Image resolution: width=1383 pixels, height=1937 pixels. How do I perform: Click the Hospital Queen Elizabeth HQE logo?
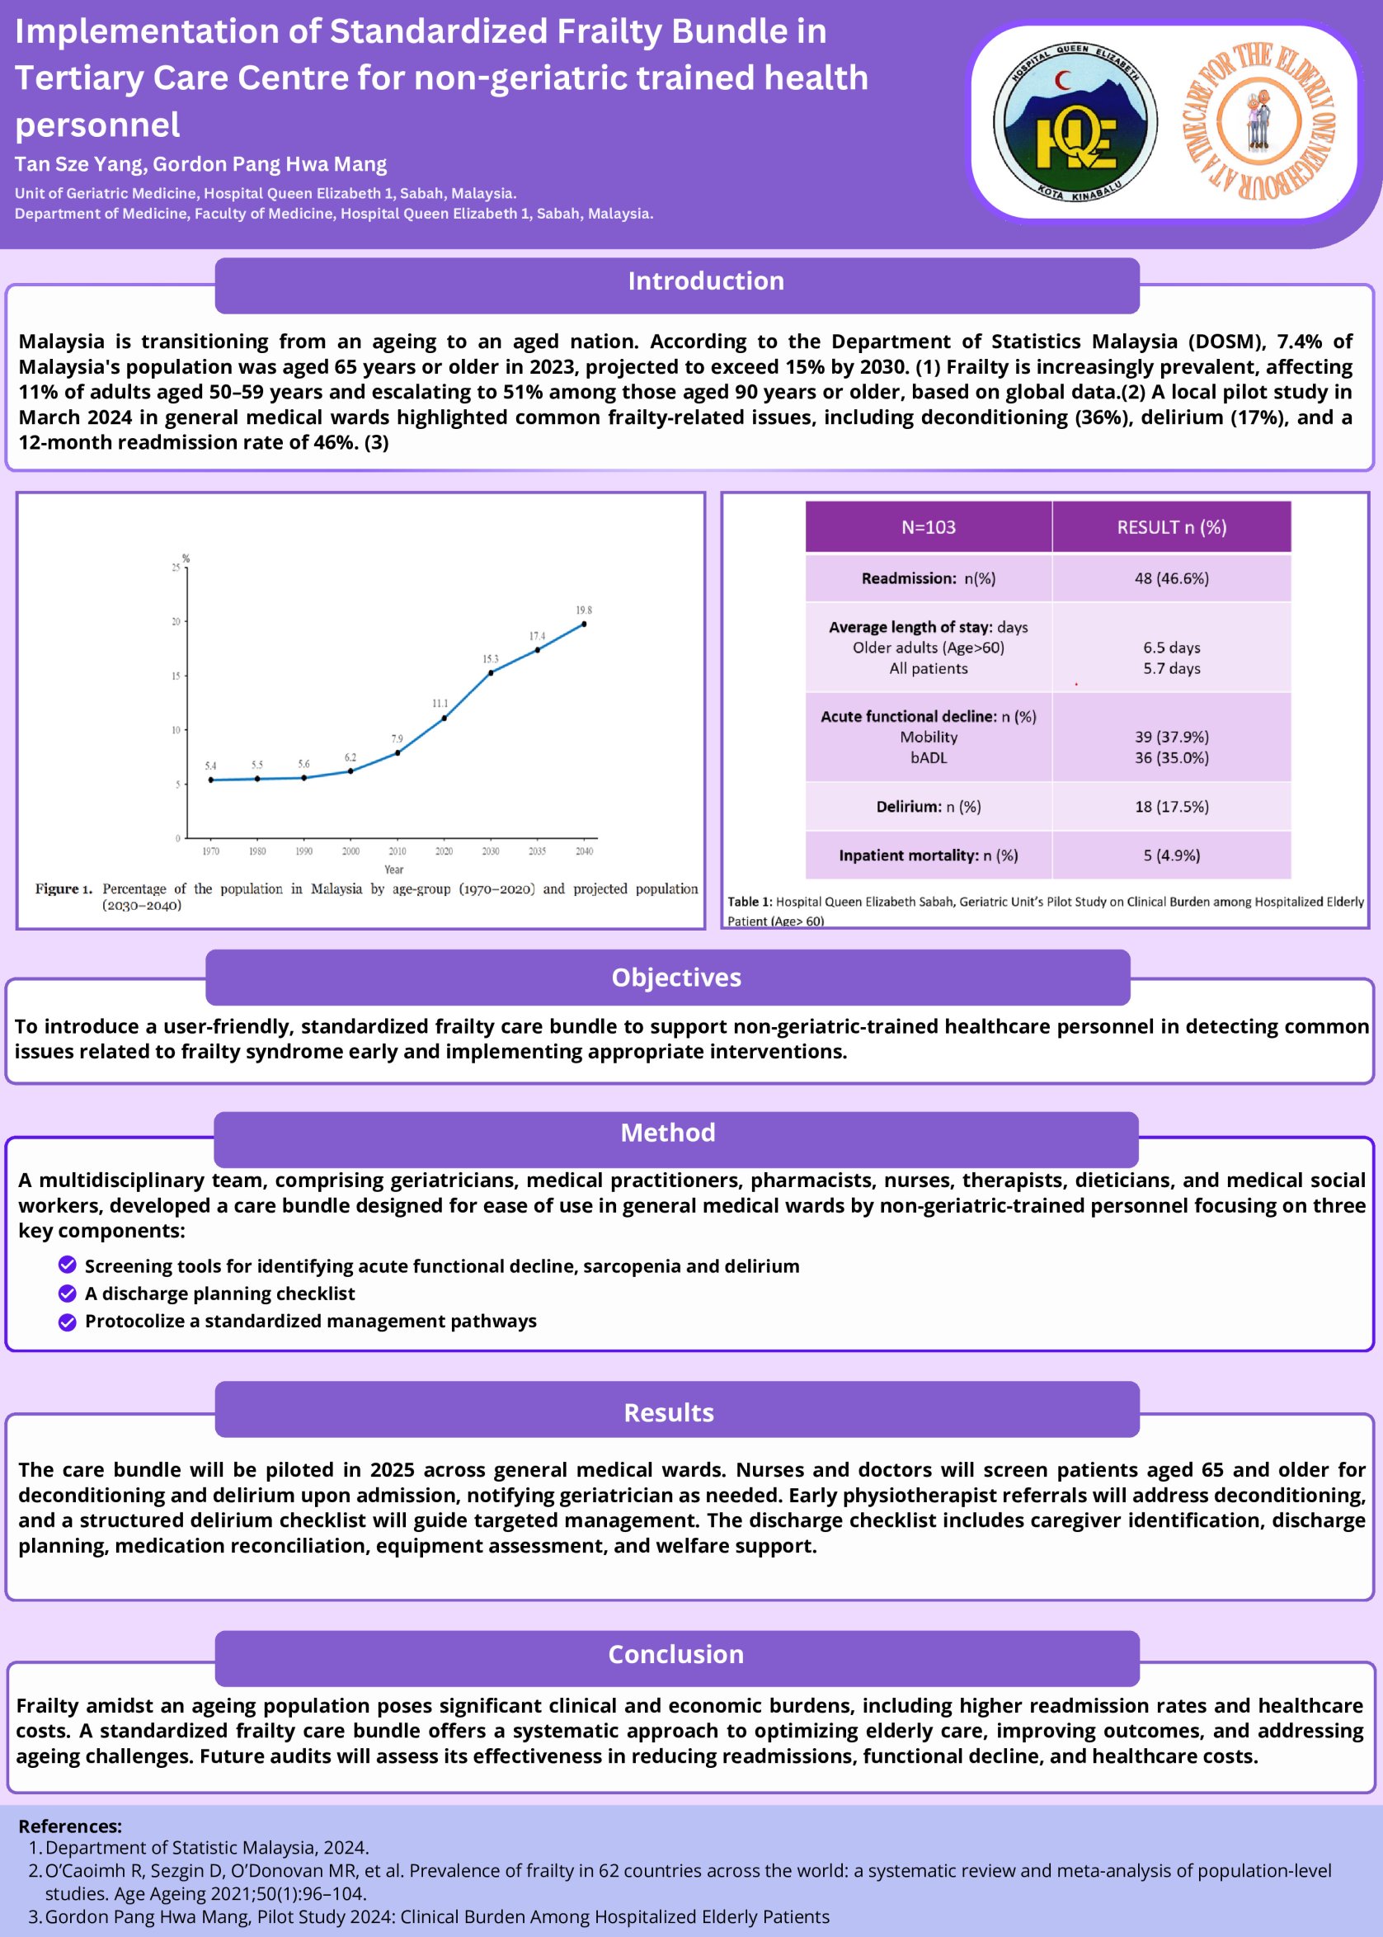click(x=1075, y=121)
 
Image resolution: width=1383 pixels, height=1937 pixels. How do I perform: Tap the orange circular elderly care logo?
click(x=1258, y=121)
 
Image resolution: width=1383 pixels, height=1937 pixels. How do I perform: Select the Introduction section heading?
click(x=706, y=281)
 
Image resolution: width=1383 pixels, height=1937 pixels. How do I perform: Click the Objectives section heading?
click(x=676, y=977)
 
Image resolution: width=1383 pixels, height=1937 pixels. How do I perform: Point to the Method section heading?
click(x=668, y=1132)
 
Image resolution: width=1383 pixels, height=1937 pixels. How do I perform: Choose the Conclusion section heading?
click(x=675, y=1653)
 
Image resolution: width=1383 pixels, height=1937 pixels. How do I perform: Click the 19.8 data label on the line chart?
click(x=583, y=610)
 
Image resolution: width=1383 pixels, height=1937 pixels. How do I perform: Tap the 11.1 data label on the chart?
click(x=440, y=704)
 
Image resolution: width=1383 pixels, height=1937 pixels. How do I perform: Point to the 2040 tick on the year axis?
click(x=584, y=851)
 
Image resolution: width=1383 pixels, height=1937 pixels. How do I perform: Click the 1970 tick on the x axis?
click(x=210, y=851)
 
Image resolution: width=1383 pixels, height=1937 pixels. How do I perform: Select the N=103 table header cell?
click(x=929, y=527)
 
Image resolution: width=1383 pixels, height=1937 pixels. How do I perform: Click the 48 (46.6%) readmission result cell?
click(x=1171, y=578)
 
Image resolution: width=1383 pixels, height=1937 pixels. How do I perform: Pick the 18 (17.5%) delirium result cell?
click(x=1171, y=807)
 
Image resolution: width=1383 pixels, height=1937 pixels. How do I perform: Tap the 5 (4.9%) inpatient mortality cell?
click(x=1171, y=855)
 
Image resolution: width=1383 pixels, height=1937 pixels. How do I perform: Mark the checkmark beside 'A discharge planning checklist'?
click(x=68, y=1293)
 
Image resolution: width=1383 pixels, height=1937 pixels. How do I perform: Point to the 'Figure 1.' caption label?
click(x=64, y=888)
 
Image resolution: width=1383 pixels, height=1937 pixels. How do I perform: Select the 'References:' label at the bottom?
click(x=70, y=1826)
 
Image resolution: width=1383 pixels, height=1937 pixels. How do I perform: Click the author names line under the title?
click(x=201, y=164)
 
